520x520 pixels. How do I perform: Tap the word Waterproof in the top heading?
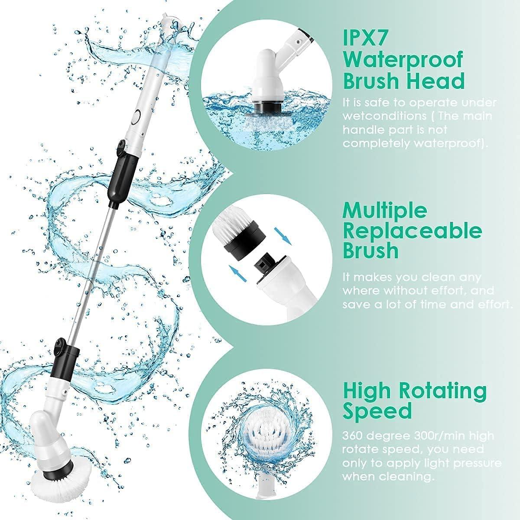coord(403,59)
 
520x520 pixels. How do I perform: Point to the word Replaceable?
coord(412,231)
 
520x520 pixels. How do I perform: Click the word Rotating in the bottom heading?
coord(443,391)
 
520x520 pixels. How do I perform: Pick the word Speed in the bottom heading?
coord(377,410)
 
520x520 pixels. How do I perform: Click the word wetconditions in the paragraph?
coord(378,116)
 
